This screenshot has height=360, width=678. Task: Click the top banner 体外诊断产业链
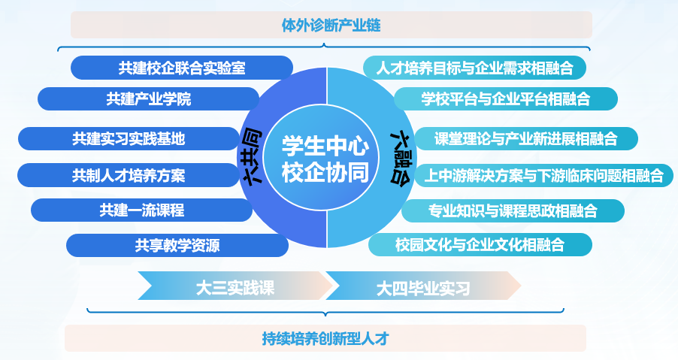tap(331, 26)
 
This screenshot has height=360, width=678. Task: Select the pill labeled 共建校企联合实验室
tap(181, 68)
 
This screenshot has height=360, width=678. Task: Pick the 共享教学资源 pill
tap(177, 245)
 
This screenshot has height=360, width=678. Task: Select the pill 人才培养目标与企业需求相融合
tap(474, 68)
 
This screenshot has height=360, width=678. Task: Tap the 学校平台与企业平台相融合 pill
tap(505, 98)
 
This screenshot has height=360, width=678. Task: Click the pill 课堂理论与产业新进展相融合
tap(525, 139)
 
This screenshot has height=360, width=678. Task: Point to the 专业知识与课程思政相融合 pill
tap(513, 210)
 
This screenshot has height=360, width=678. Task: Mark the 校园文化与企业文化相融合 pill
tap(480, 244)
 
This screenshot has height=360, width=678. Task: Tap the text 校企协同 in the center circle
tap(325, 172)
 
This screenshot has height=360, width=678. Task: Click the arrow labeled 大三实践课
tap(235, 286)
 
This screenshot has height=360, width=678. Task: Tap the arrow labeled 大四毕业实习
tap(422, 286)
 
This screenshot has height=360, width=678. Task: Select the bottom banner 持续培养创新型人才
tap(325, 337)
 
